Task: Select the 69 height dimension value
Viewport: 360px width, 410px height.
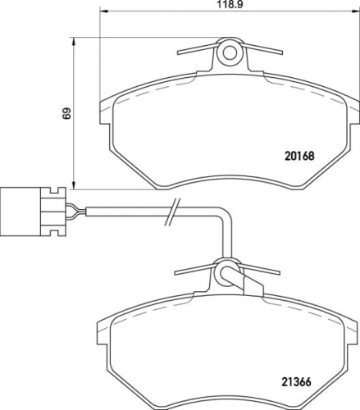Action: click(66, 113)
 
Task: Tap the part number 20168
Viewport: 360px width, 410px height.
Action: click(299, 156)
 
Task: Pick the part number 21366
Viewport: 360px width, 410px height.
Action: click(297, 382)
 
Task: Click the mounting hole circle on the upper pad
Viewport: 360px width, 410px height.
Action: click(230, 53)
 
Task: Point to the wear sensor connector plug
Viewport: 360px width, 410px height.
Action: click(33, 211)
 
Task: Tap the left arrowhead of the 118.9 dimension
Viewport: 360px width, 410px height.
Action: click(103, 11)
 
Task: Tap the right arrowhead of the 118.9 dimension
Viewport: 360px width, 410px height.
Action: click(355, 11)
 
